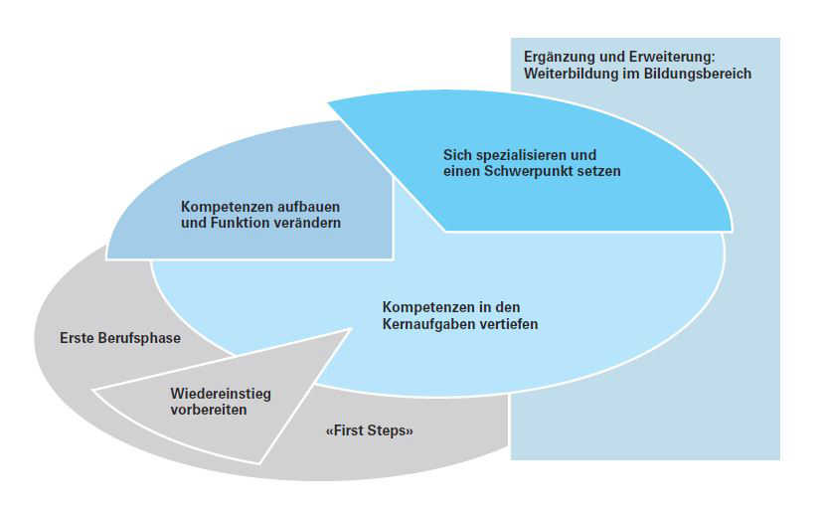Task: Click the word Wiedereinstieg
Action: [221, 394]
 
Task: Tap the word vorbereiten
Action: [208, 410]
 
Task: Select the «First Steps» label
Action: [369, 431]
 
